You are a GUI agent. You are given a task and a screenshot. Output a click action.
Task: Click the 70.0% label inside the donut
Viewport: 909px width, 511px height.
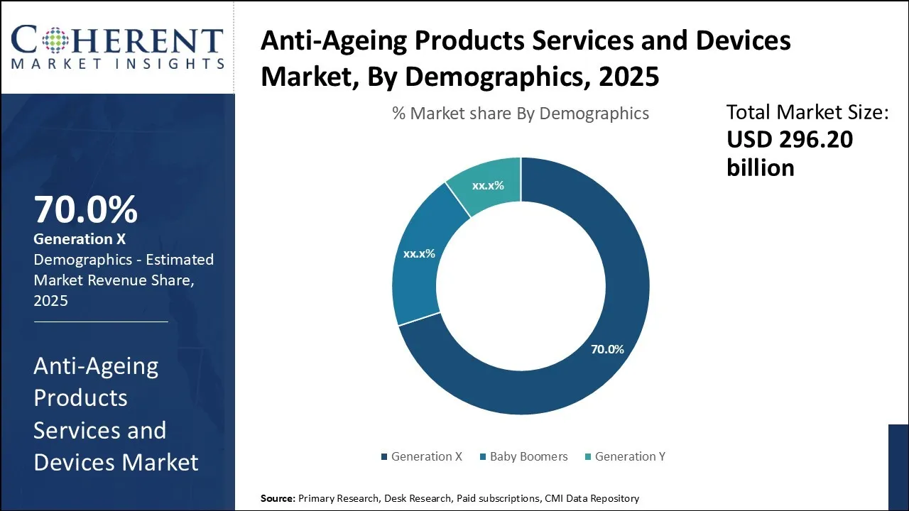pyautogui.click(x=607, y=349)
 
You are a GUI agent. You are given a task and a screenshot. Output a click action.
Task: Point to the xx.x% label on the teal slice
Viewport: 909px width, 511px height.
pyautogui.click(x=488, y=186)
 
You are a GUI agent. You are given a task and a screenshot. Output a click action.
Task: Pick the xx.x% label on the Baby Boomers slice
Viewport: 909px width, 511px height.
pyautogui.click(x=419, y=253)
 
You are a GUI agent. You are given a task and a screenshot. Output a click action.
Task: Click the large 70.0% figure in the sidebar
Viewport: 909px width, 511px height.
pyautogui.click(x=85, y=209)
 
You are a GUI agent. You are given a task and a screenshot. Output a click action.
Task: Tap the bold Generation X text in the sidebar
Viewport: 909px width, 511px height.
pyautogui.click(x=80, y=240)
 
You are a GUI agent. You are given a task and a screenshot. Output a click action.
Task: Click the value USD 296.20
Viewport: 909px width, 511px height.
pyautogui.click(x=790, y=140)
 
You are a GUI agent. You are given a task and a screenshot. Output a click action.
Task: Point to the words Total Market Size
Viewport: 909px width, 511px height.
pyautogui.click(x=807, y=112)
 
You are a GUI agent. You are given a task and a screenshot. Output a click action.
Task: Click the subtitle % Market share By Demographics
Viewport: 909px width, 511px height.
pyautogui.click(x=521, y=114)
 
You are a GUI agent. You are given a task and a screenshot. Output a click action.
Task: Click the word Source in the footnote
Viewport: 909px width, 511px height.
pyautogui.click(x=278, y=498)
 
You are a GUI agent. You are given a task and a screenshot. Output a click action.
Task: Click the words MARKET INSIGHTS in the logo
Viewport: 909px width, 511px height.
pyautogui.click(x=118, y=64)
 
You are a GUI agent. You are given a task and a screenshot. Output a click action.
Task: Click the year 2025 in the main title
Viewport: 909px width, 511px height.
pyautogui.click(x=628, y=77)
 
